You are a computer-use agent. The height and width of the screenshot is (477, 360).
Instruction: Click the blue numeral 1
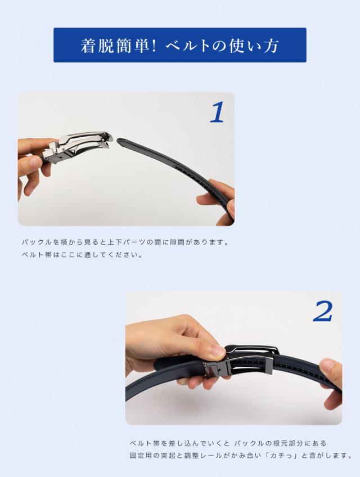217,112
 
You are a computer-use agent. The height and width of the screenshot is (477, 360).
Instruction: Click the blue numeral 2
322,311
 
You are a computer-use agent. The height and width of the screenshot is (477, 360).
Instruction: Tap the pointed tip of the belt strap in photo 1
118,141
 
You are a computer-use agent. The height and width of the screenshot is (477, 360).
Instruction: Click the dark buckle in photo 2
240,362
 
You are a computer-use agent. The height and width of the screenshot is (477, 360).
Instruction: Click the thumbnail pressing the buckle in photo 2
219,351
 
